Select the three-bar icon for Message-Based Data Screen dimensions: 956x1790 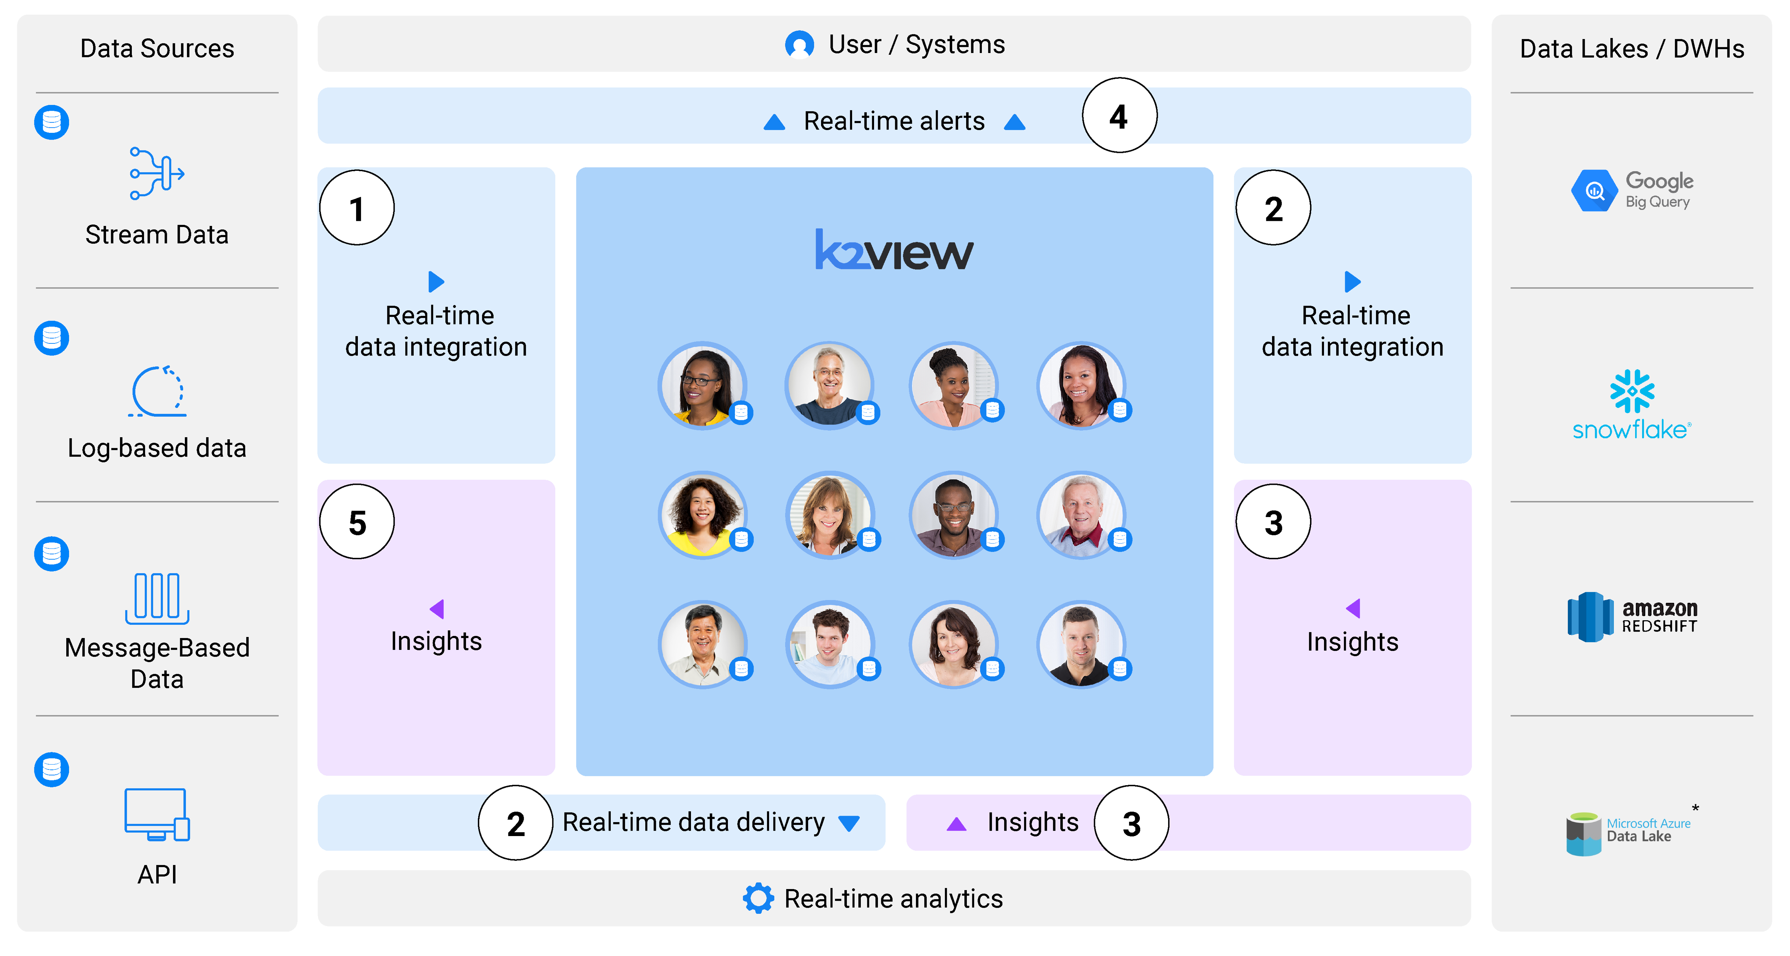[157, 598]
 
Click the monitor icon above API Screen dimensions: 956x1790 [157, 814]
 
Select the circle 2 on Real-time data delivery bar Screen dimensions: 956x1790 [515, 823]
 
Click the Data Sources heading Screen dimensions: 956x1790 [157, 49]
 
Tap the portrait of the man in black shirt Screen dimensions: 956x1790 [1080, 645]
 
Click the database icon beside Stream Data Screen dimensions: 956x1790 [52, 122]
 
